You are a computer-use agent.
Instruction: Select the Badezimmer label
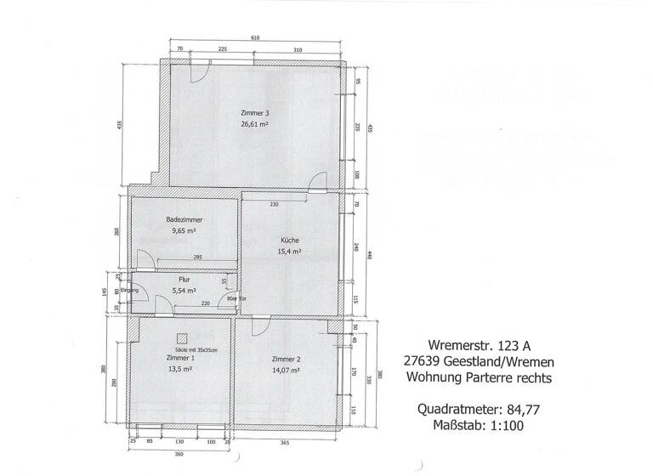click(x=184, y=219)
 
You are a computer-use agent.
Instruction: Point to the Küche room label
click(x=289, y=241)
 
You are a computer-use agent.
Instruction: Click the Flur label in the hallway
click(x=184, y=280)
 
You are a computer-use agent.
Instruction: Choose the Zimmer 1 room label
click(x=180, y=358)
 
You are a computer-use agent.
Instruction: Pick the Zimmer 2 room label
click(x=287, y=359)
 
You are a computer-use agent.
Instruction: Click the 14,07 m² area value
click(x=287, y=370)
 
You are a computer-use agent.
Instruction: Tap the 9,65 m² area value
click(x=184, y=230)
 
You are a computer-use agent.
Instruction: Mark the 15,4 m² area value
click(x=289, y=252)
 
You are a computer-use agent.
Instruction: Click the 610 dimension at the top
click(x=255, y=38)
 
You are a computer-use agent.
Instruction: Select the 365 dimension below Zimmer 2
click(x=286, y=443)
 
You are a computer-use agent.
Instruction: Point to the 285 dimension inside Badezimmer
click(x=197, y=257)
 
